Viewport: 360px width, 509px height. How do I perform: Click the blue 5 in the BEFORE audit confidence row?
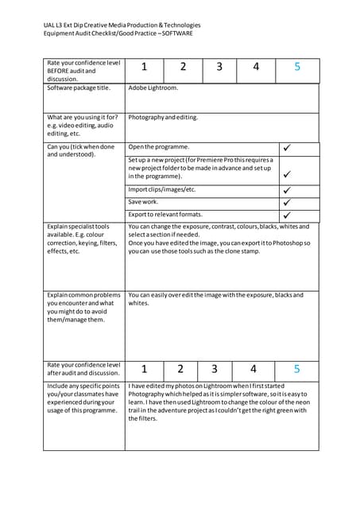click(297, 68)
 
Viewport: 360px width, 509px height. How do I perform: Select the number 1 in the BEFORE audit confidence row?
click(145, 68)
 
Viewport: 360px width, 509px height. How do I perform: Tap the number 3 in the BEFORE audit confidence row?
click(219, 68)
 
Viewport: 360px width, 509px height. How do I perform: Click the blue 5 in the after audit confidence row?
click(297, 369)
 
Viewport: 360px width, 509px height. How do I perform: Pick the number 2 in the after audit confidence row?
click(180, 369)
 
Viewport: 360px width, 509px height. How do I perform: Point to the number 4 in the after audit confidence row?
click(254, 369)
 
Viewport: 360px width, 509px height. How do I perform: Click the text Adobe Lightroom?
click(153, 88)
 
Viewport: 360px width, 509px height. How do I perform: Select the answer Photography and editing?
click(163, 117)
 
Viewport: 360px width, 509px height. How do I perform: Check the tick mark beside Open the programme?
click(287, 148)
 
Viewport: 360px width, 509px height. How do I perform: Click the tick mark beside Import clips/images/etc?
click(287, 190)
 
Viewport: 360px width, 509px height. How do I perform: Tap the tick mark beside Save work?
click(287, 202)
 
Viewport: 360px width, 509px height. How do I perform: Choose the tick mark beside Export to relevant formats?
click(287, 215)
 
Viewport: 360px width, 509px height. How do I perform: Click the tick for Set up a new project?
click(287, 173)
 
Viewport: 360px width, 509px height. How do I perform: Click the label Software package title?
click(79, 88)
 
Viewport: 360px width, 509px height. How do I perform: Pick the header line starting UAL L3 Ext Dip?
click(122, 25)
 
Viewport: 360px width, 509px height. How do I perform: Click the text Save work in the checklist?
click(142, 202)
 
